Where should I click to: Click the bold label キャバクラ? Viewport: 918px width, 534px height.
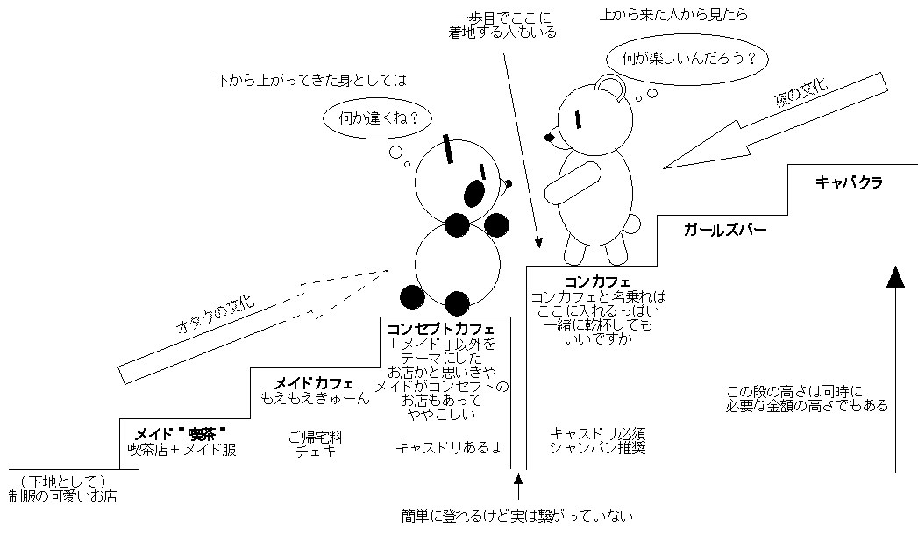pos(848,182)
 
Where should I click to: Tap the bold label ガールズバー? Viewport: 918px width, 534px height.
pos(725,231)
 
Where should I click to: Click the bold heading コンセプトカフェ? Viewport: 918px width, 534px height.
pos(441,329)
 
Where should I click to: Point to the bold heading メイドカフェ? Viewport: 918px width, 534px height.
pos(314,383)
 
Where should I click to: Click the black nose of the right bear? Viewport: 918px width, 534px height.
pos(550,137)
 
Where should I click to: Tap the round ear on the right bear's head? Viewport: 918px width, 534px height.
pos(609,85)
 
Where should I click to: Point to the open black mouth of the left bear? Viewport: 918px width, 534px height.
pos(474,193)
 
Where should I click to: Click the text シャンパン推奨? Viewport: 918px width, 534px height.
pos(597,448)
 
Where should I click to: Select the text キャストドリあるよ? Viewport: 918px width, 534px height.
pos(449,447)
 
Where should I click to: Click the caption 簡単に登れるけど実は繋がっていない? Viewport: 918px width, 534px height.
pos(517,516)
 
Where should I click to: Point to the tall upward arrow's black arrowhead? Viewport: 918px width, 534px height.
pos(894,277)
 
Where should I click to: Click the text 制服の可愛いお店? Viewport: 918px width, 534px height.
pos(62,496)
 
